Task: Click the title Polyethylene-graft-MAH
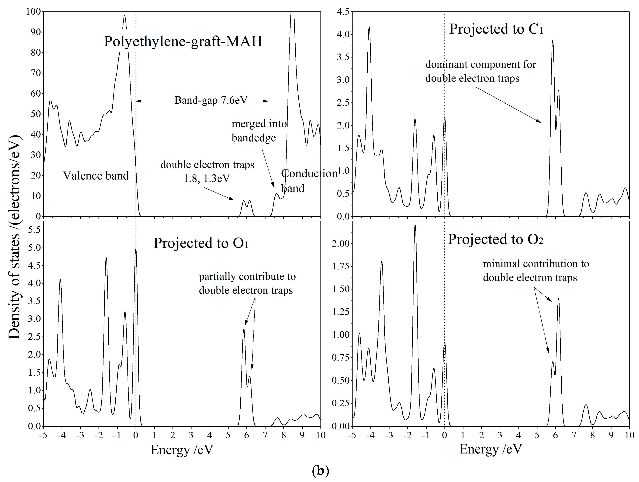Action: [183, 41]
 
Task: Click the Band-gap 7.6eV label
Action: [211, 100]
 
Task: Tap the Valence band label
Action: [96, 176]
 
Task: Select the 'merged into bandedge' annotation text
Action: [259, 131]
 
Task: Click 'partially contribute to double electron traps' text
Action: [247, 284]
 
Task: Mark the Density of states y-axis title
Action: [14, 237]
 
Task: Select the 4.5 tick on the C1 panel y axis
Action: [343, 12]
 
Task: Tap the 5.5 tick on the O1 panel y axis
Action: [34, 230]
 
